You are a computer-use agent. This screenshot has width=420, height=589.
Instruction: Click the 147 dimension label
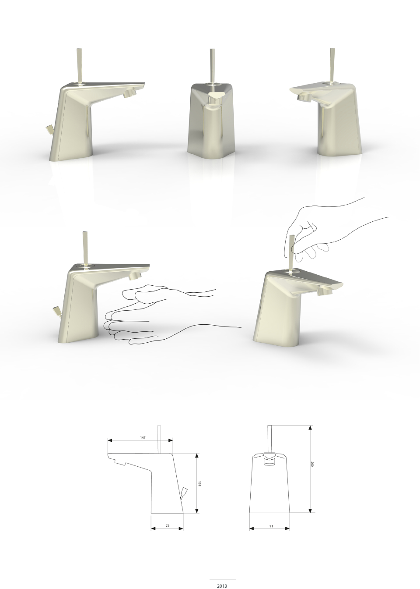(x=143, y=437)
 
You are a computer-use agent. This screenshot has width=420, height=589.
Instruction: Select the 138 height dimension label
(x=199, y=483)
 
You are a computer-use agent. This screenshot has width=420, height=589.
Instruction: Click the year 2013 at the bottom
(x=222, y=585)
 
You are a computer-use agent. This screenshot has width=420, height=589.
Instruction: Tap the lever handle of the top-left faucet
(x=79, y=66)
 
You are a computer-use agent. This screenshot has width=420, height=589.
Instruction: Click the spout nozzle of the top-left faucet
(x=129, y=93)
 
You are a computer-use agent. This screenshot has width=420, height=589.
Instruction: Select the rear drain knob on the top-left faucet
(x=49, y=129)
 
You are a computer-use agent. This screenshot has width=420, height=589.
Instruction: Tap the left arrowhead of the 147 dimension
(x=110, y=440)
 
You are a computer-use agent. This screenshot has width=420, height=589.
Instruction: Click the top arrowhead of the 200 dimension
(x=310, y=428)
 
